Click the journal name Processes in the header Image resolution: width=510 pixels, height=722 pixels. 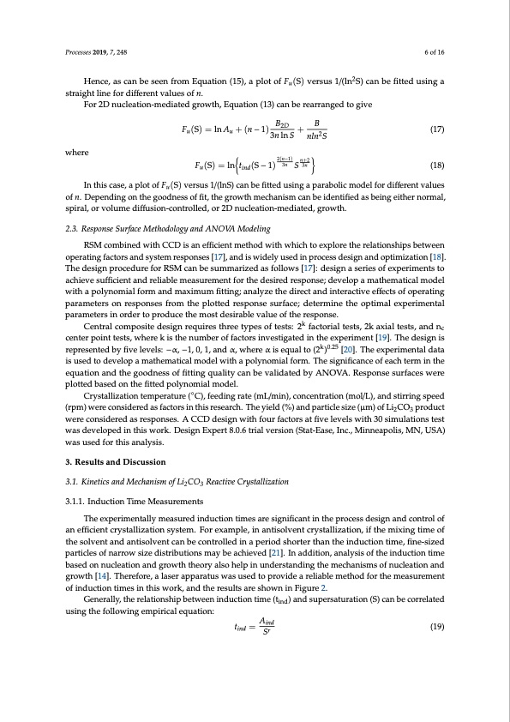point(80,52)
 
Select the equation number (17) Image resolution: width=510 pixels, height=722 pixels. point(435,130)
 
